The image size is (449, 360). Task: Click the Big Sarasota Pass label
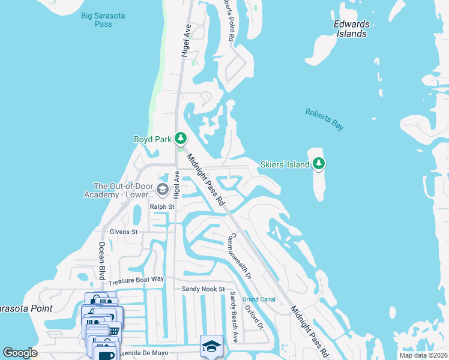click(103, 20)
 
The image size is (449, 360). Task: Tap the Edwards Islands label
click(351, 29)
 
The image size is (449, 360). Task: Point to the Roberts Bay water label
click(324, 118)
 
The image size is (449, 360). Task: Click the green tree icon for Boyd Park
click(180, 139)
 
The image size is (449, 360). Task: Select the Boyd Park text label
click(152, 139)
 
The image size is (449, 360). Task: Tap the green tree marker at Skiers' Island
click(319, 163)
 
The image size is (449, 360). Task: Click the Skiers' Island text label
click(285, 164)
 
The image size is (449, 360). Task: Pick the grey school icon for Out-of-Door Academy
click(162, 190)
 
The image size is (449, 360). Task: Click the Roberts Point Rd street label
click(228, 20)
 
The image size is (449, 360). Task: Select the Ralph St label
click(161, 207)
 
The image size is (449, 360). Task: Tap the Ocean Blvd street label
click(101, 262)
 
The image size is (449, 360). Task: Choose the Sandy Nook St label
click(203, 289)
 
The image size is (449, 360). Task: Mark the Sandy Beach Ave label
click(234, 316)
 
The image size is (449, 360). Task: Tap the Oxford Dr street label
click(254, 316)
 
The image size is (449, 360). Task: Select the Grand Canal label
click(258, 299)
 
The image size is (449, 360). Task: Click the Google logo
click(20, 353)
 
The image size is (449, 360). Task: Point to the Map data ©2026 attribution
click(423, 356)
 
